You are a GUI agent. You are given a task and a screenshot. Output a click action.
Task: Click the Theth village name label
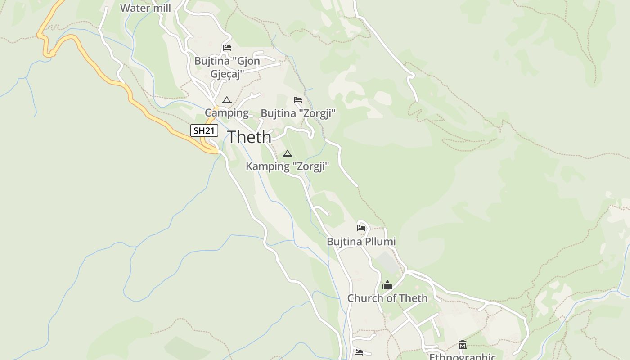click(249, 137)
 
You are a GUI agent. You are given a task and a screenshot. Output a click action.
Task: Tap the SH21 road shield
click(204, 131)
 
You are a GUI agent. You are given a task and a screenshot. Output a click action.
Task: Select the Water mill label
click(145, 8)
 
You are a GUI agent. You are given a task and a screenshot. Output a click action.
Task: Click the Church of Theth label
click(387, 298)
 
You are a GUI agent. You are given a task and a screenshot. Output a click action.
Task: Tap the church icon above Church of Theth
click(387, 285)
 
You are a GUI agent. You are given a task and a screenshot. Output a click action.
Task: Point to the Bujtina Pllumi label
click(361, 242)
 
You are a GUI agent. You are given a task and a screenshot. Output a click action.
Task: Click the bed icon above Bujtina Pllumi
click(361, 228)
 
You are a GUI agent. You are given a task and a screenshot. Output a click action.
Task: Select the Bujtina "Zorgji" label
click(298, 113)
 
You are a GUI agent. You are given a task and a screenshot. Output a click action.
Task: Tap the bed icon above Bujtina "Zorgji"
click(298, 100)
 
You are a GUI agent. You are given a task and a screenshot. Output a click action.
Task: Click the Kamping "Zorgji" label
click(288, 166)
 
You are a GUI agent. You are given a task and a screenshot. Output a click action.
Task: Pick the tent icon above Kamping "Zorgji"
click(288, 154)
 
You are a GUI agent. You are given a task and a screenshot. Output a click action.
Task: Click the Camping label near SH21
click(227, 112)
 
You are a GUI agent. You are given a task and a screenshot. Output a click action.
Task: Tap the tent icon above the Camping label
click(227, 100)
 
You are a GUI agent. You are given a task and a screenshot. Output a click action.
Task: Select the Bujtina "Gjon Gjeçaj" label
click(227, 67)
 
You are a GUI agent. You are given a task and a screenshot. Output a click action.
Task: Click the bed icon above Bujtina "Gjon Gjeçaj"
click(227, 48)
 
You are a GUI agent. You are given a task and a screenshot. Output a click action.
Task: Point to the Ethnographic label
click(462, 356)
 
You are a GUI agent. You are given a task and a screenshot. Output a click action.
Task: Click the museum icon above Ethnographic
click(462, 345)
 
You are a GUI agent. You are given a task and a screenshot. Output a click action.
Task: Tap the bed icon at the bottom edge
click(358, 352)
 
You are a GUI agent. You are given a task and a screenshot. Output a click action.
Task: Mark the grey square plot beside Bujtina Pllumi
click(387, 261)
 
